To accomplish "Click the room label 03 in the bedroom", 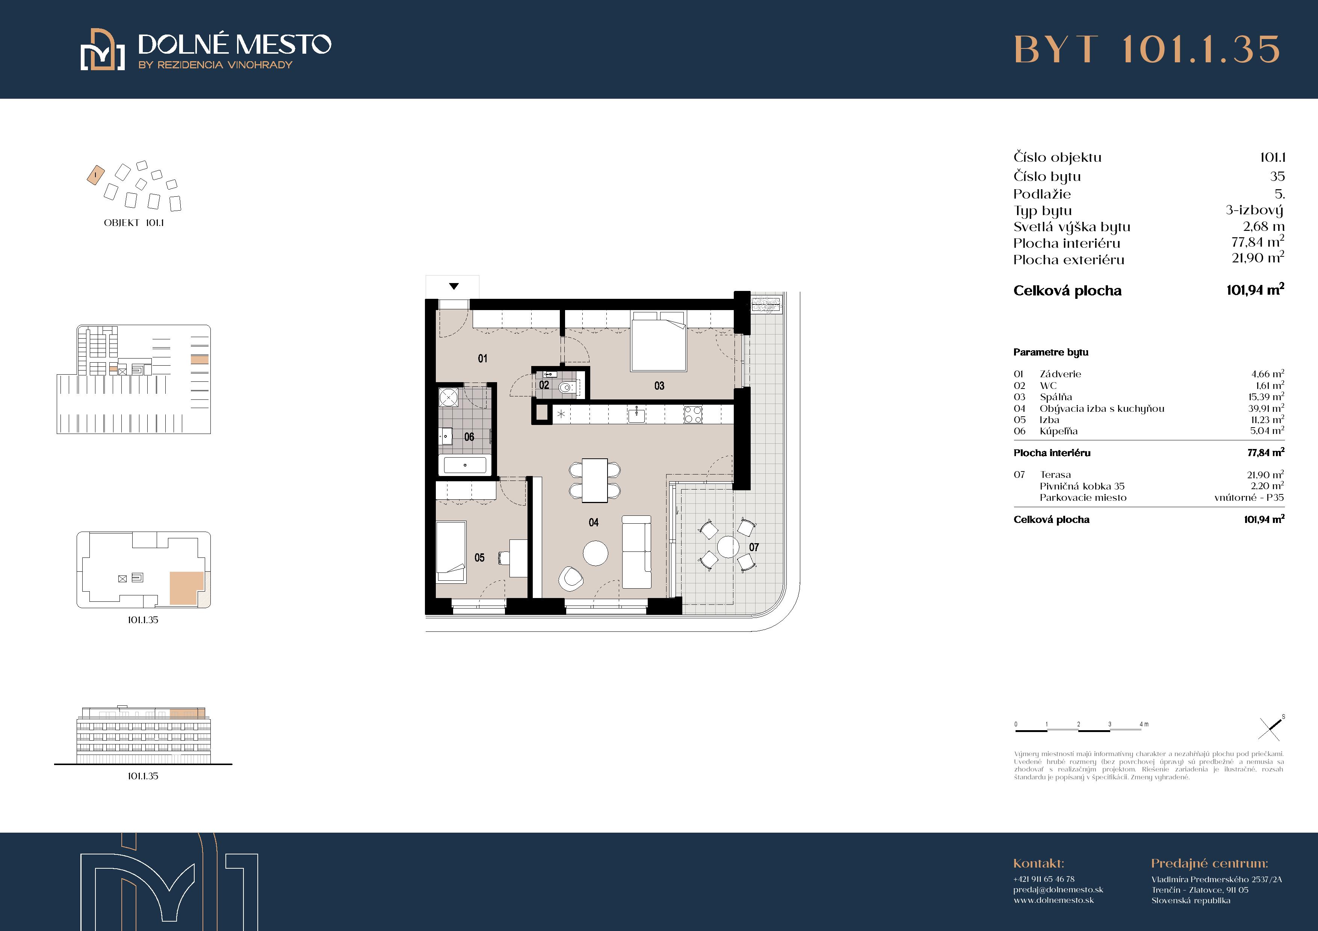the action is point(659,386).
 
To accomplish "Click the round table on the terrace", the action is point(727,547).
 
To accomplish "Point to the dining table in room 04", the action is point(595,479).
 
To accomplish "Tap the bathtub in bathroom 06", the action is point(465,465).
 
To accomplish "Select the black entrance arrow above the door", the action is point(453,286).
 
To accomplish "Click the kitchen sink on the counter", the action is point(636,414).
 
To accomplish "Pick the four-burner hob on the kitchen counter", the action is point(693,414).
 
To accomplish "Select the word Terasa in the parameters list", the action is point(1055,475).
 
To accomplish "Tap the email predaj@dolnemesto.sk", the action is point(1058,890).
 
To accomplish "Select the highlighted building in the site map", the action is point(95,175).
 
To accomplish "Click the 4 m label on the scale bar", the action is point(1144,724).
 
